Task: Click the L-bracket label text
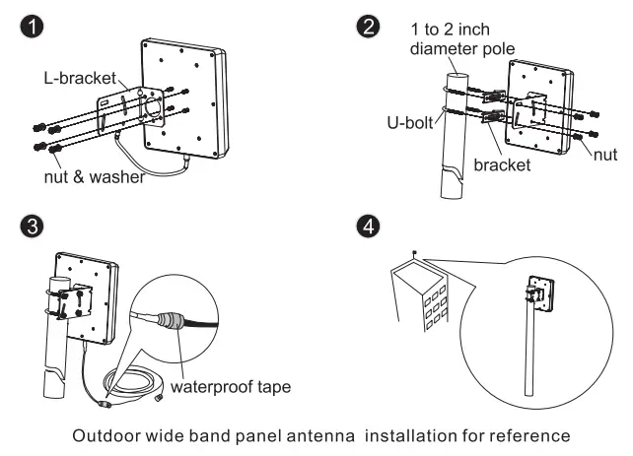point(80,78)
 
